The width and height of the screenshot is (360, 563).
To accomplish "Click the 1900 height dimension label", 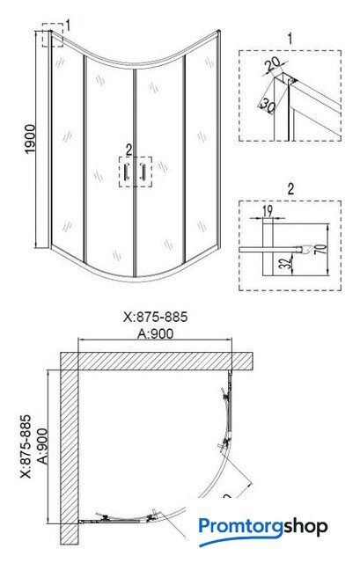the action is (30, 139).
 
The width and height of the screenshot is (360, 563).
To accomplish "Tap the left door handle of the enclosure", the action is (126, 172).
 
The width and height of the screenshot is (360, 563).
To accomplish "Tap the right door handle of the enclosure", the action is (143, 172).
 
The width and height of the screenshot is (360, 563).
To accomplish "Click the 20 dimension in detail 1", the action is (274, 64).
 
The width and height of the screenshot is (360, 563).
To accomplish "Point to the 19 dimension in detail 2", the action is (268, 211).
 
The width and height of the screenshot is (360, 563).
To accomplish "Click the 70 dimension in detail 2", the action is (323, 249).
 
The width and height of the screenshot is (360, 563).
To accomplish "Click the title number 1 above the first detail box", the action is (290, 39).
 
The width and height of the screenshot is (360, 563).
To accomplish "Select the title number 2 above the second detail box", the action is (290, 189).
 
